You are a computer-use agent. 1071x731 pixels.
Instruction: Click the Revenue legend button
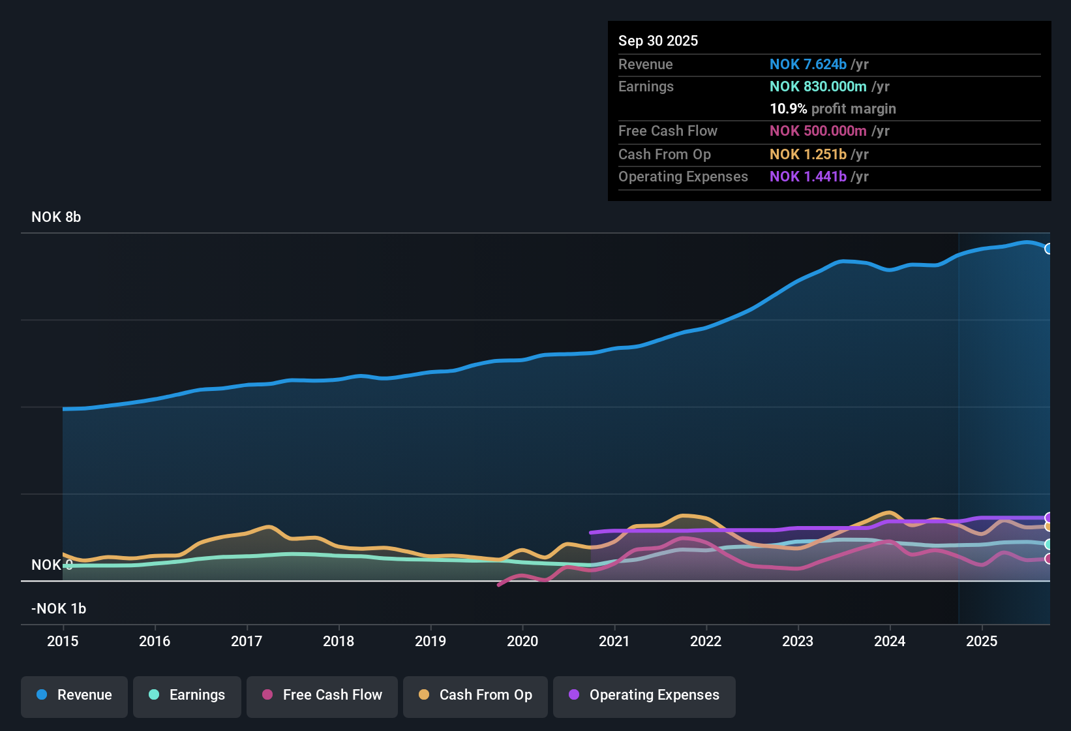(74, 695)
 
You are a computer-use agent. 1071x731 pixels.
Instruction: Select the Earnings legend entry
(187, 695)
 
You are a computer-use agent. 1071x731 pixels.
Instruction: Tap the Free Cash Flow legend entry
(322, 695)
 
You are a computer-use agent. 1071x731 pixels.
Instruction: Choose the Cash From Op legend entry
(475, 695)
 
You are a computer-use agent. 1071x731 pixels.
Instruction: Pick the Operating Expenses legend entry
(644, 695)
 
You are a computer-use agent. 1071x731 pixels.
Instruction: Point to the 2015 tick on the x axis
(63, 641)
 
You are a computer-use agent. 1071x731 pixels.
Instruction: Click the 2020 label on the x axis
(522, 641)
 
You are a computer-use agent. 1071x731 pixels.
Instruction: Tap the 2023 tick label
(798, 641)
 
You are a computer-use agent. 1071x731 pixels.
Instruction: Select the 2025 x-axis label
(982, 641)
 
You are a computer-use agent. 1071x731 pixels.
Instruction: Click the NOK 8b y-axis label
(56, 217)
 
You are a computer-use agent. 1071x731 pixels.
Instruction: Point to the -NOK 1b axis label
(59, 609)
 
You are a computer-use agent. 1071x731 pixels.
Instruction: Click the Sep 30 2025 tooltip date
(658, 40)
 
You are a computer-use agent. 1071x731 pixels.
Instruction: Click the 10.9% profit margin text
(832, 108)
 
